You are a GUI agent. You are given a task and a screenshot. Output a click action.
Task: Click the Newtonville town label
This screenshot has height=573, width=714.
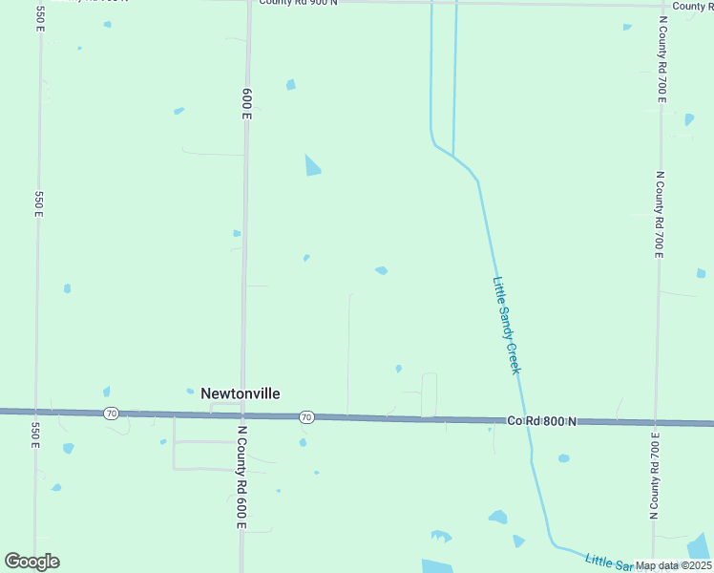pos(240,393)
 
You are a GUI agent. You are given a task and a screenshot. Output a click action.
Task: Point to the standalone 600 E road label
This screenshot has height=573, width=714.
pos(246,102)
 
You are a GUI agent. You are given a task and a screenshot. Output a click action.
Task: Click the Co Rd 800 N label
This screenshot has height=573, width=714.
pos(542,420)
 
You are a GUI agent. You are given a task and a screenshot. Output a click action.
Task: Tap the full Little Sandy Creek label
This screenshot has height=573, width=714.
pos(506,325)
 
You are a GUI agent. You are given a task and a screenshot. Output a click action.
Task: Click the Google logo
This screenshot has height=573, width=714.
pos(31,562)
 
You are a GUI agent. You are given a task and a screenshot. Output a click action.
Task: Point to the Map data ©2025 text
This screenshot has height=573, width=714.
pos(674,565)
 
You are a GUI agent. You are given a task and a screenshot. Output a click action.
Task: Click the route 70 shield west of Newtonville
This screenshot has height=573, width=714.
pos(112,414)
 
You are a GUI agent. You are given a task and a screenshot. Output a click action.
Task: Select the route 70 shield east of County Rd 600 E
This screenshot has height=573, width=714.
pos(305,417)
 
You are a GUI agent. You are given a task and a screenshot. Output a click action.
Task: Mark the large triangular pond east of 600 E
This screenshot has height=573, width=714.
pos(311,166)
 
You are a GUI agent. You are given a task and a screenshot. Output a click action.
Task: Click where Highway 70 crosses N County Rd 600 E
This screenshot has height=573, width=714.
pos(242,415)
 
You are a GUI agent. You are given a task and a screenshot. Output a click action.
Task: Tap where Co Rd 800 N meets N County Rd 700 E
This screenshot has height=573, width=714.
pos(655,422)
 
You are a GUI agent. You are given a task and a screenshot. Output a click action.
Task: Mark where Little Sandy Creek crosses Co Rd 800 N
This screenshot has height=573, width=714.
pos(523,420)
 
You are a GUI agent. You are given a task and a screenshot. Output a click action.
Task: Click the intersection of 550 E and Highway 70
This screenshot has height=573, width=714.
pos(36,412)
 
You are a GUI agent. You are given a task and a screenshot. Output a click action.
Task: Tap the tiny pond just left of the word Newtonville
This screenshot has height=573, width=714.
pos(107,392)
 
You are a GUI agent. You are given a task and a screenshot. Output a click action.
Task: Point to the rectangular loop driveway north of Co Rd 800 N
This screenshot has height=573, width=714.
pos(430,393)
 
